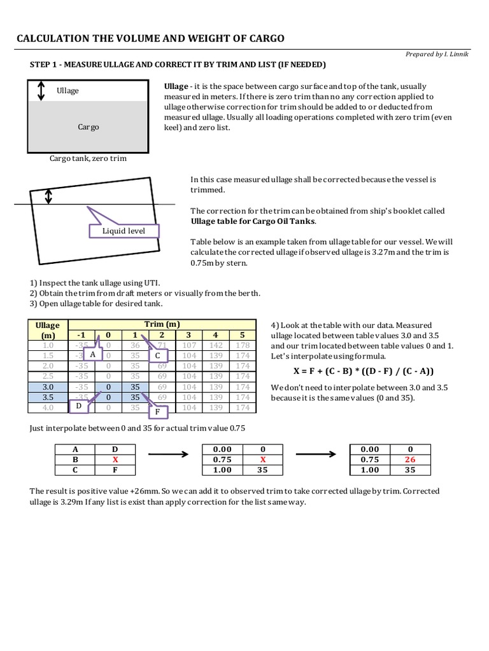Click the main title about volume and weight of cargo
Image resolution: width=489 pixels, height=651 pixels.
click(150, 39)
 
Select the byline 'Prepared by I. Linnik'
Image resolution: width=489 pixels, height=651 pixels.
click(439, 54)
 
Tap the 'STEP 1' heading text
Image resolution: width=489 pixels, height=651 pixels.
click(178, 65)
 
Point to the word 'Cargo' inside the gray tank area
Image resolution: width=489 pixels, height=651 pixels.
click(88, 127)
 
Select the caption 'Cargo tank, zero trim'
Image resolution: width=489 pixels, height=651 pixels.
click(88, 158)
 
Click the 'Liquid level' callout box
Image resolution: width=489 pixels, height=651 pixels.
click(124, 231)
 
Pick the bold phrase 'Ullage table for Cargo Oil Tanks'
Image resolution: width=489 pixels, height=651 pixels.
click(252, 221)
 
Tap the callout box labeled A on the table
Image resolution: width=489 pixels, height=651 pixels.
click(93, 353)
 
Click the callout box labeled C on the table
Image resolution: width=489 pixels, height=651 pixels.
click(157, 356)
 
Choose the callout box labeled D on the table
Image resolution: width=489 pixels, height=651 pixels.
click(78, 406)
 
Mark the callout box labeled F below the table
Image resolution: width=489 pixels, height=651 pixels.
click(157, 412)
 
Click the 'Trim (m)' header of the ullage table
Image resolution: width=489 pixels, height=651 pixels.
click(162, 324)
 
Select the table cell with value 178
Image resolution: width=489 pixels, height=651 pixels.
click(242, 345)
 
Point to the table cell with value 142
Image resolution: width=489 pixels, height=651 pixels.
click(216, 345)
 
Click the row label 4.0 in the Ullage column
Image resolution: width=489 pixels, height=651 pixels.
click(48, 408)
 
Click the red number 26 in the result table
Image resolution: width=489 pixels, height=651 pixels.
click(409, 460)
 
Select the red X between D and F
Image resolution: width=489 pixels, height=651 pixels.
click(115, 460)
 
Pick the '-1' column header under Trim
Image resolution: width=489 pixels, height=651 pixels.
click(80, 335)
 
